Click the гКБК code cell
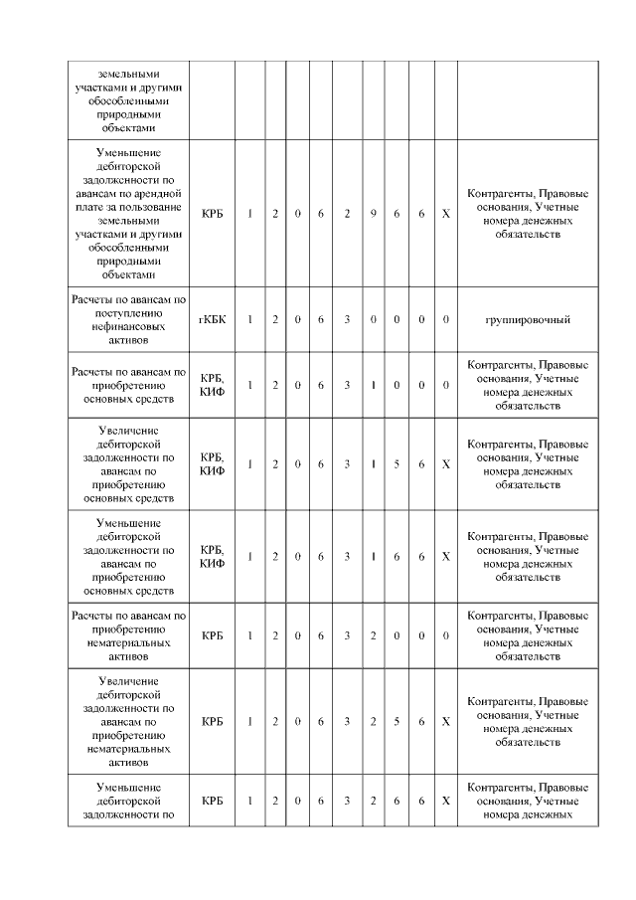pyautogui.click(x=212, y=319)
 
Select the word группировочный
pyautogui.click(x=527, y=319)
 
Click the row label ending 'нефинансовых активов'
pyautogui.click(x=129, y=319)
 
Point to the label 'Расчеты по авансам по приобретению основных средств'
pyautogui.click(x=129, y=385)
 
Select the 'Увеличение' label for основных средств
pyautogui.click(x=129, y=463)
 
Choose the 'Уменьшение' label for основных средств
pyautogui.click(x=129, y=555)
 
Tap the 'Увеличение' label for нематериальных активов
pyautogui.click(x=129, y=721)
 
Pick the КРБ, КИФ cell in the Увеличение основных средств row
pyautogui.click(x=212, y=463)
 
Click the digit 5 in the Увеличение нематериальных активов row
pyautogui.click(x=396, y=721)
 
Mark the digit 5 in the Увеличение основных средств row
pyautogui.click(x=396, y=463)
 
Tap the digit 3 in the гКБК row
pyautogui.click(x=346, y=319)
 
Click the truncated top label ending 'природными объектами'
pyautogui.click(x=129, y=100)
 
